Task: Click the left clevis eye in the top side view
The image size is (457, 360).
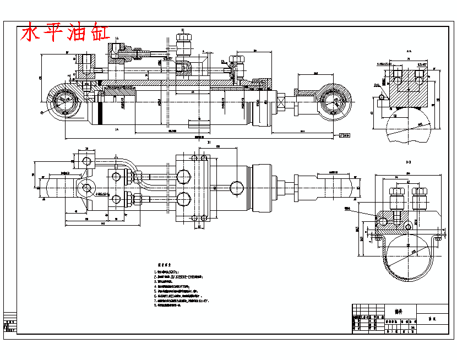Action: point(64,102)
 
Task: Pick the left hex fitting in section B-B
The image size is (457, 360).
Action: point(395,198)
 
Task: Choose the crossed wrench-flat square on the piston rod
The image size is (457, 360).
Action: point(282,102)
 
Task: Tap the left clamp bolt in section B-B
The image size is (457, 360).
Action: point(378,238)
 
